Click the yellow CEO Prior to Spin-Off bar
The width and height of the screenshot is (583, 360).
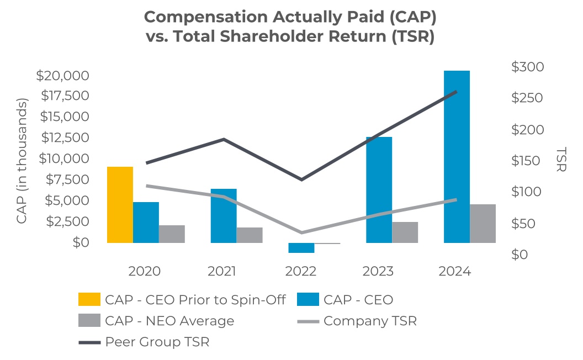tap(120, 204)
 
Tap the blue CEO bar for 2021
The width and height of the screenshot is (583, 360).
tap(223, 215)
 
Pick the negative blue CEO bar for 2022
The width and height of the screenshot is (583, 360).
tap(301, 248)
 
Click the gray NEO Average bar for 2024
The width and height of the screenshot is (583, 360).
tap(483, 223)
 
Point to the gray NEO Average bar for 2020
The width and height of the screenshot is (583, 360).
tap(172, 234)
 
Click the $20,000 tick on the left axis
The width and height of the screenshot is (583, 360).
tap(62, 76)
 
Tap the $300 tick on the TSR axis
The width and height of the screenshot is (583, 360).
tap(528, 67)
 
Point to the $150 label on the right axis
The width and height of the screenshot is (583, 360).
tap(528, 161)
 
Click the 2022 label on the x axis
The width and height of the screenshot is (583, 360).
tap(301, 272)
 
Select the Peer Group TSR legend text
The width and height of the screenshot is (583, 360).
tap(157, 342)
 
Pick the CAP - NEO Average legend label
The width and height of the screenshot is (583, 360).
tap(169, 321)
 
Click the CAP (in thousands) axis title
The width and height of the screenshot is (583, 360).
tap(22, 161)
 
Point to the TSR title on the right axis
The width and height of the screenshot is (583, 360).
tap(561, 160)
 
